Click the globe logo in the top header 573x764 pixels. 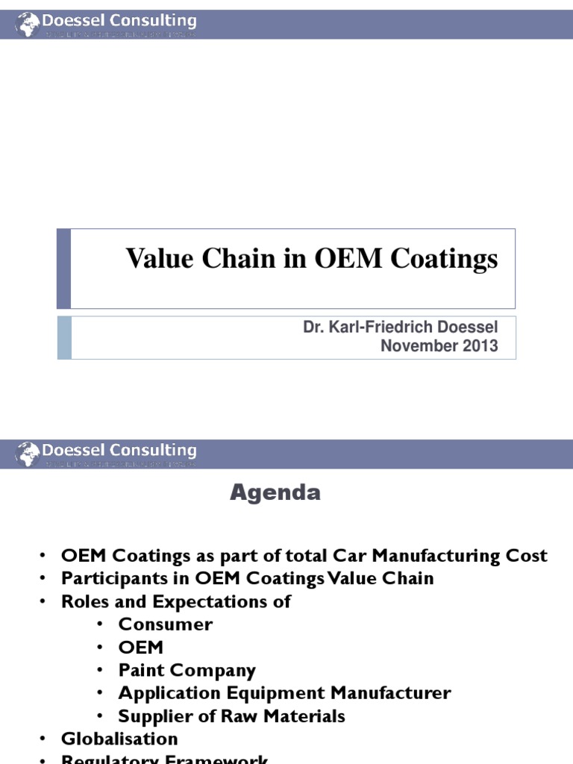pyautogui.click(x=28, y=24)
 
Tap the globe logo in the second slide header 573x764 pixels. pyautogui.click(x=28, y=453)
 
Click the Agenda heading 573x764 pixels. pyautogui.click(x=275, y=492)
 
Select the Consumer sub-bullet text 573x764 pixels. pyautogui.click(x=166, y=624)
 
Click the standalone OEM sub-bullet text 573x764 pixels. pyautogui.click(x=141, y=647)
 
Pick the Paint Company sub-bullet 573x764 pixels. pyautogui.click(x=187, y=670)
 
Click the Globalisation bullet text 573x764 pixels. pyautogui.click(x=120, y=739)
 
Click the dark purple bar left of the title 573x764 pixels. pyautogui.click(x=64, y=269)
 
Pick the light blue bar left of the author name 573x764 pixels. pyautogui.click(x=64, y=337)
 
